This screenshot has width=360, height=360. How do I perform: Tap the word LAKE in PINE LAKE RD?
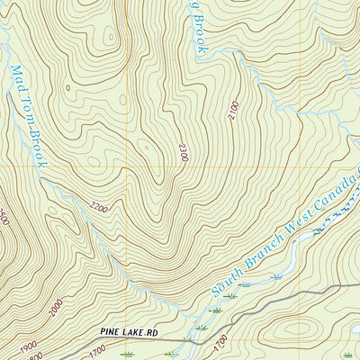click(x=132, y=334)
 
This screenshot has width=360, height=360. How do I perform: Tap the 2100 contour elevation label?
click(x=234, y=112)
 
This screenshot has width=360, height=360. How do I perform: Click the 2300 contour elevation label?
click(x=184, y=153)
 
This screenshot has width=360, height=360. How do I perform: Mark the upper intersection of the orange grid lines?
click(x=127, y=167)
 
